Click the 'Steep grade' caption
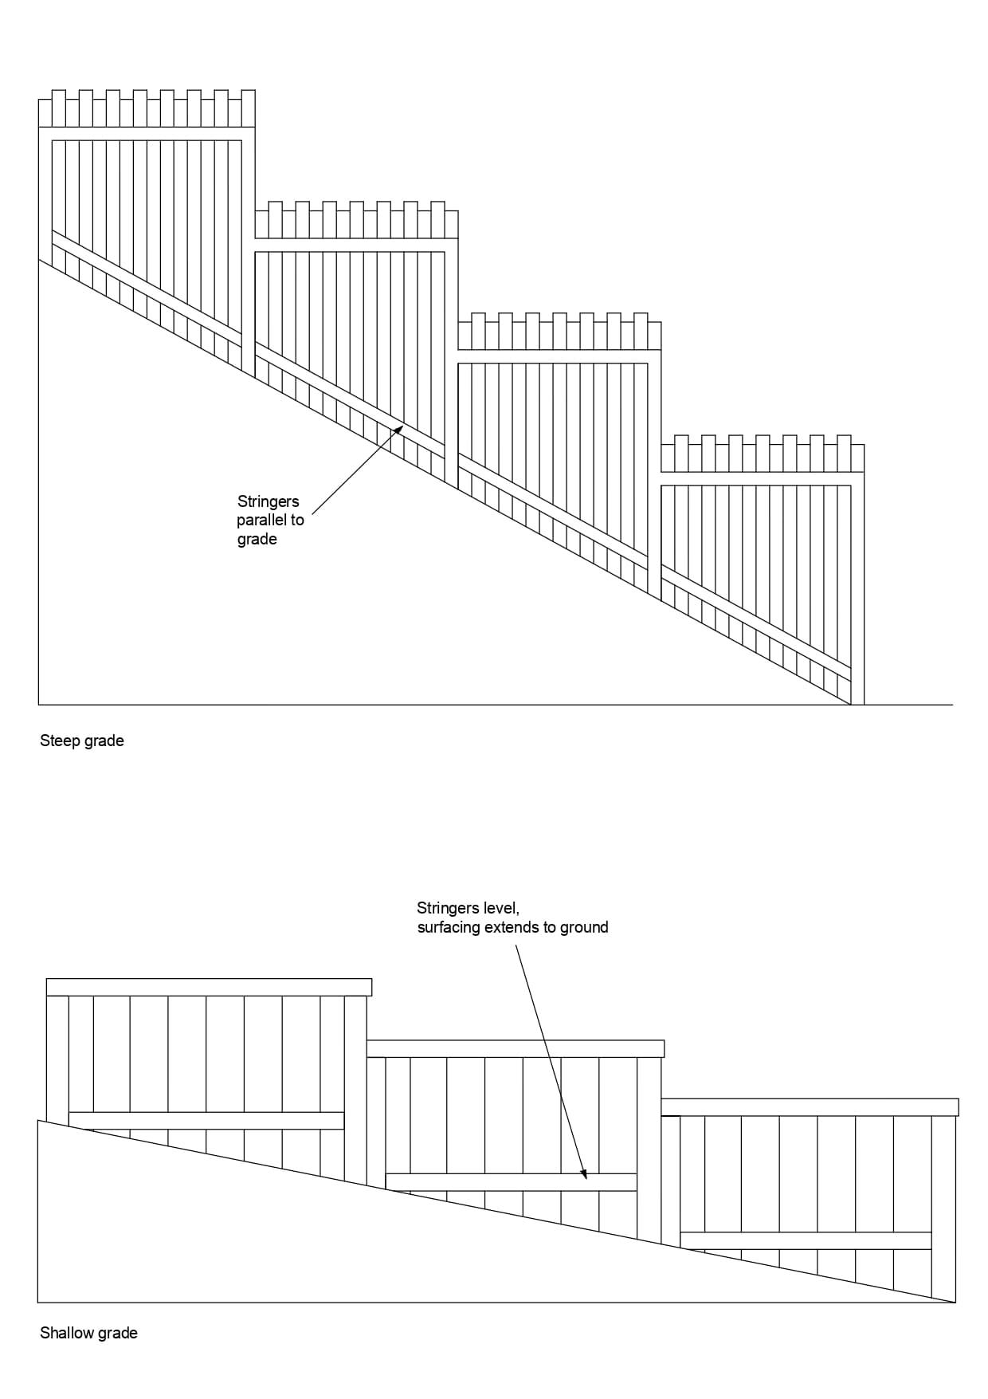(82, 741)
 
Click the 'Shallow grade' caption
(88, 1333)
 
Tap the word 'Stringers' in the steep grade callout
(268, 501)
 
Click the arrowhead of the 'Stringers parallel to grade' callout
(397, 430)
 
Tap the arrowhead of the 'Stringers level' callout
(584, 1173)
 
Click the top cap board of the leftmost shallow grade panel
(209, 987)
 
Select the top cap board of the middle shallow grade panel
(515, 1048)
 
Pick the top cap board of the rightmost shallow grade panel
(810, 1107)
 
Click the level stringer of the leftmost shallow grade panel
(206, 1120)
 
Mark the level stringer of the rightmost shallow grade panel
(806, 1240)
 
